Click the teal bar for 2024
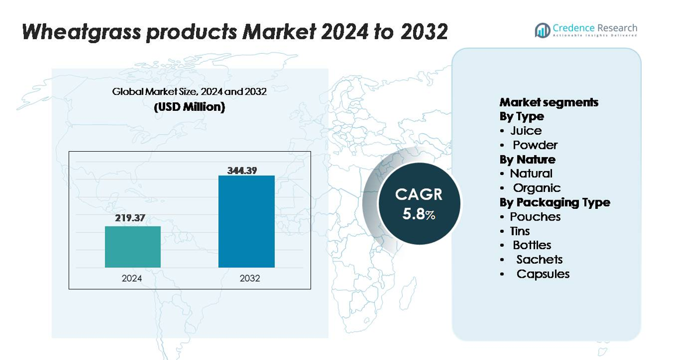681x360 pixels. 132,247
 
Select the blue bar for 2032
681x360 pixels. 246,221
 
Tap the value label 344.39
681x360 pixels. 242,170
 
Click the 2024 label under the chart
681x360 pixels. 132,278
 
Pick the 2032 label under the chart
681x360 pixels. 250,278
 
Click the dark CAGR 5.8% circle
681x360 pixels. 419,204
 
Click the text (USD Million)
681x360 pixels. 189,107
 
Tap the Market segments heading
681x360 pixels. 549,102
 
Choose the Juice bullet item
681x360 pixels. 526,131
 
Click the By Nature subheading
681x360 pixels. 527,159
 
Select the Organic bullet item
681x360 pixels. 536,188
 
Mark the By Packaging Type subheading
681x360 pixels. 554,202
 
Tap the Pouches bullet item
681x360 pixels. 535,216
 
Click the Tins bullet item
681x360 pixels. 519,231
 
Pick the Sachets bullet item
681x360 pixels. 539,260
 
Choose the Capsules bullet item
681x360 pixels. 543,274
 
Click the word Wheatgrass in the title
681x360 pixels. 81,32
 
